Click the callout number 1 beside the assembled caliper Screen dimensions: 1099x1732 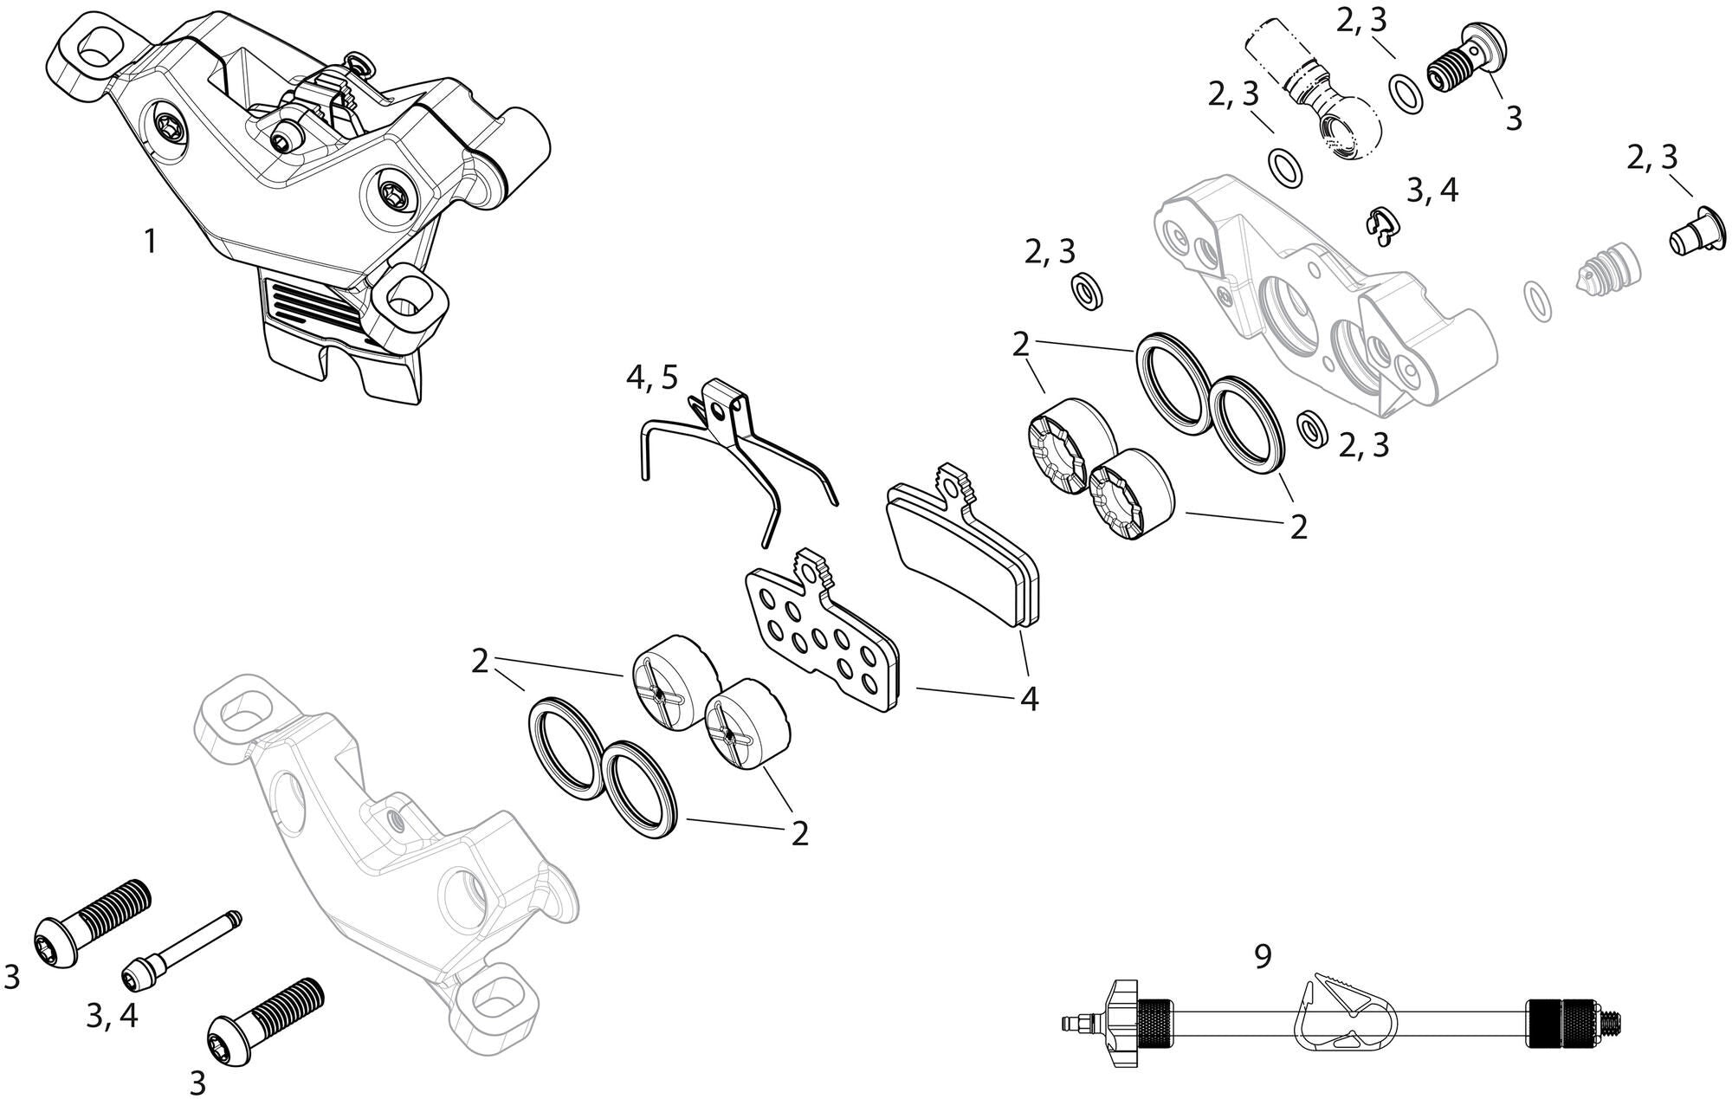tap(150, 242)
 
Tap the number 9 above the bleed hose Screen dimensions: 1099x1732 tap(1263, 956)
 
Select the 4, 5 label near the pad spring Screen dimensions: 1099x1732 tap(653, 378)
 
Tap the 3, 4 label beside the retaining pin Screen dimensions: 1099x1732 tap(112, 1015)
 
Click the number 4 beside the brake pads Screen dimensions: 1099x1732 tap(1028, 698)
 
